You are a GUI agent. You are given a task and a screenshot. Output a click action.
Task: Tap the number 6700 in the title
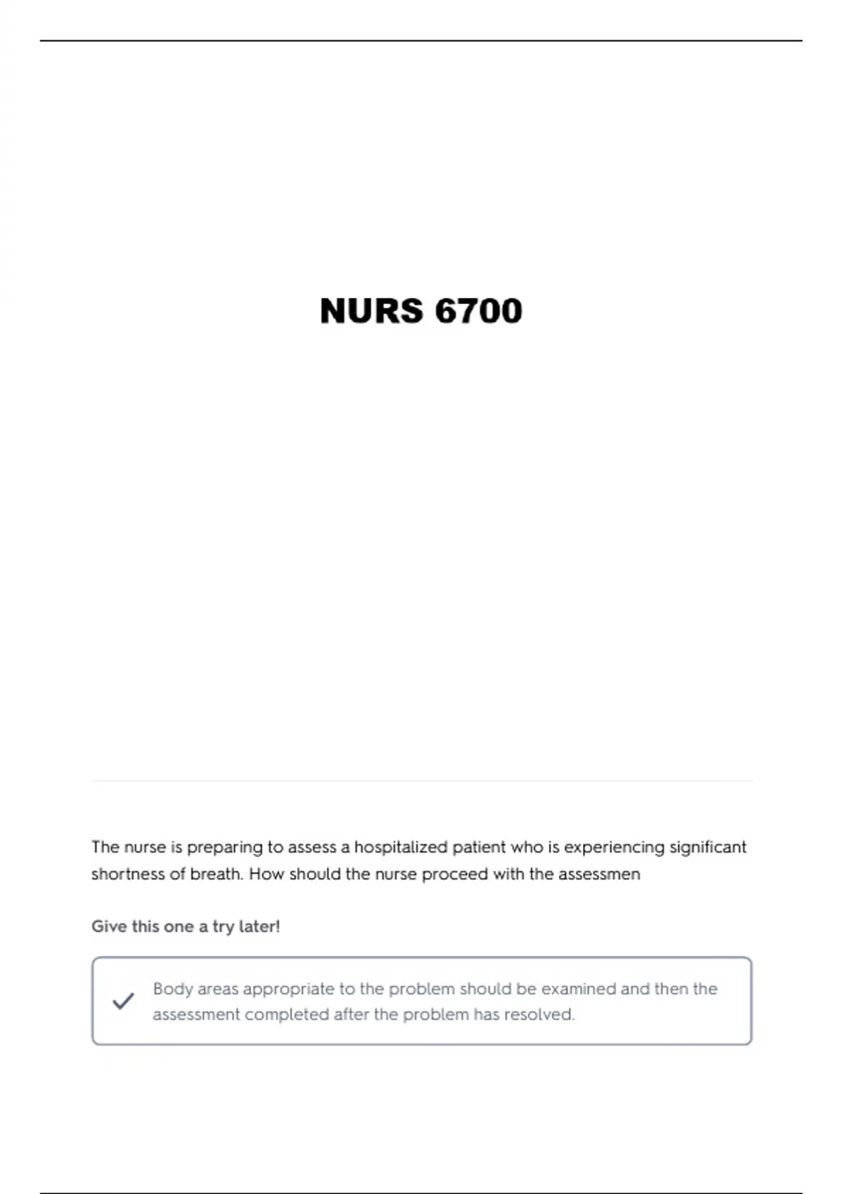point(478,311)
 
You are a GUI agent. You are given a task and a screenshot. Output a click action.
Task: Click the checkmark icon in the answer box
point(123,1001)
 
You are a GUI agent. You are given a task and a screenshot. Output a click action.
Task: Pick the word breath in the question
point(216,874)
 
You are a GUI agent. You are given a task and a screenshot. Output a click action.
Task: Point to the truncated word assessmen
point(599,874)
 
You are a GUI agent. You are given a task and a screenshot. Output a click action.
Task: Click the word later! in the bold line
point(259,926)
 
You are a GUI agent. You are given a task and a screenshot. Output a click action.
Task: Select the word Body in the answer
point(173,989)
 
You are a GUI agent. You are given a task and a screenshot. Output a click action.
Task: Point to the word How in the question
point(266,874)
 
